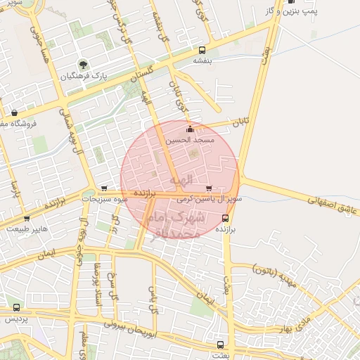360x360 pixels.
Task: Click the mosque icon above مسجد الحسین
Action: pyautogui.click(x=188, y=129)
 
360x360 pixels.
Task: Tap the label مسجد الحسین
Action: pyautogui.click(x=188, y=141)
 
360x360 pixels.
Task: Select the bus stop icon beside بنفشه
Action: pyautogui.click(x=202, y=50)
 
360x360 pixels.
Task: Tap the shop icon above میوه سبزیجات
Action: pyautogui.click(x=104, y=188)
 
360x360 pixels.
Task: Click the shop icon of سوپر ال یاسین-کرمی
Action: pyautogui.click(x=209, y=188)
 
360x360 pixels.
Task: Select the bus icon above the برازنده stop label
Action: pyautogui.click(x=225, y=218)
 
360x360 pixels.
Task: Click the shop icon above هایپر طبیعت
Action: pyautogui.click(x=26, y=219)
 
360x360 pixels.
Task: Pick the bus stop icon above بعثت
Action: pyautogui.click(x=221, y=345)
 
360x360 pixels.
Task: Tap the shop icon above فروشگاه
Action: pyautogui.click(x=15, y=112)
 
